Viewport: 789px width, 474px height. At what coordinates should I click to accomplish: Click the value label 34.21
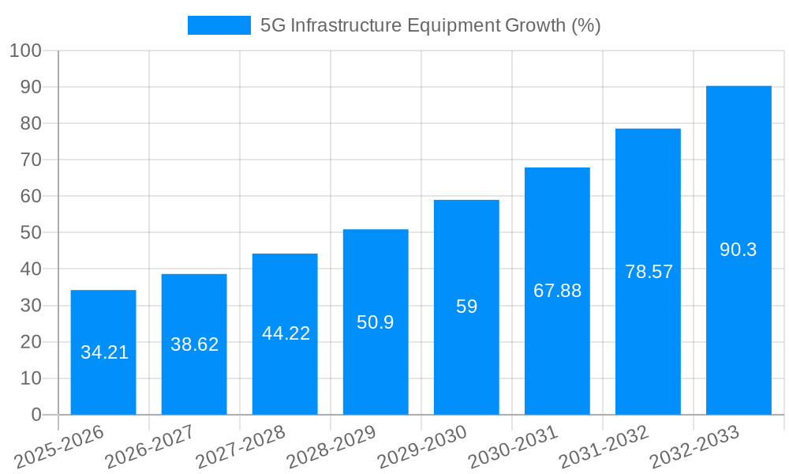(x=104, y=353)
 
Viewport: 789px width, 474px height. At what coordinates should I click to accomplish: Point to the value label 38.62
(x=194, y=344)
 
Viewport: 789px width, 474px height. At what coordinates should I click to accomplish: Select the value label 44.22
(x=286, y=333)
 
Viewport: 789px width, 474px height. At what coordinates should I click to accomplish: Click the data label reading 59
(x=466, y=307)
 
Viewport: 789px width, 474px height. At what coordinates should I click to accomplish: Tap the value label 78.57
(x=649, y=272)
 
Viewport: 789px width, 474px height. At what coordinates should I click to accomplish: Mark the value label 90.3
(x=739, y=250)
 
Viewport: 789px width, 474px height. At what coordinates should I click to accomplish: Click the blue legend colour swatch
(x=219, y=25)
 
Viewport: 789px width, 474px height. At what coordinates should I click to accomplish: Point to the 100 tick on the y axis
(x=25, y=51)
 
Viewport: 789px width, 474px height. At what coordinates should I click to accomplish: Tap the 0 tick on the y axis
(x=36, y=415)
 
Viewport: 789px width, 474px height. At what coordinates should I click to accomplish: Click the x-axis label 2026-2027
(x=149, y=447)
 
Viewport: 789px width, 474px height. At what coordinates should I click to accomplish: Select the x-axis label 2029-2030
(x=422, y=447)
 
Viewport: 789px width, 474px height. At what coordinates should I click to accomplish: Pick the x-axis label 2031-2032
(x=604, y=447)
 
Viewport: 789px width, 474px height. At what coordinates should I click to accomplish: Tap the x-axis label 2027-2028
(x=240, y=447)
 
